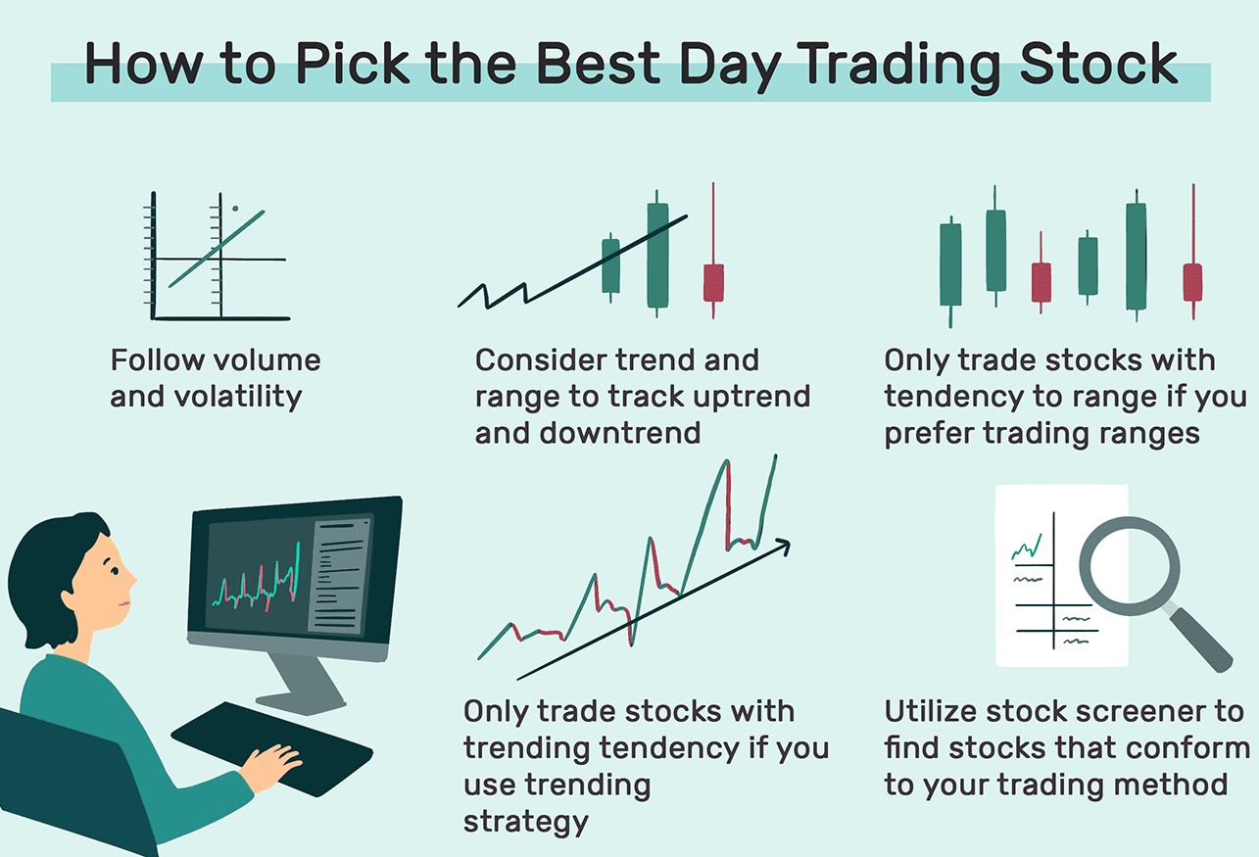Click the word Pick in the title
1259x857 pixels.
tap(353, 64)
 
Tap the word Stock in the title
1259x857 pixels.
tap(1098, 64)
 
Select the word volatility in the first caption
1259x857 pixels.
tap(238, 397)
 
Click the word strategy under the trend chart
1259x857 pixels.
tap(525, 822)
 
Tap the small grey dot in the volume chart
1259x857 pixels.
tap(235, 209)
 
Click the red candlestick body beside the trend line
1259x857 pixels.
tap(714, 283)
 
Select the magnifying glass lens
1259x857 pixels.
tap(1129, 566)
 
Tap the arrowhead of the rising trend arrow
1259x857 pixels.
tap(784, 546)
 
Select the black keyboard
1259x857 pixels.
tap(272, 748)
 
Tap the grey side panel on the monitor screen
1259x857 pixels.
tap(339, 577)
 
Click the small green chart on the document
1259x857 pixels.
tap(1027, 547)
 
